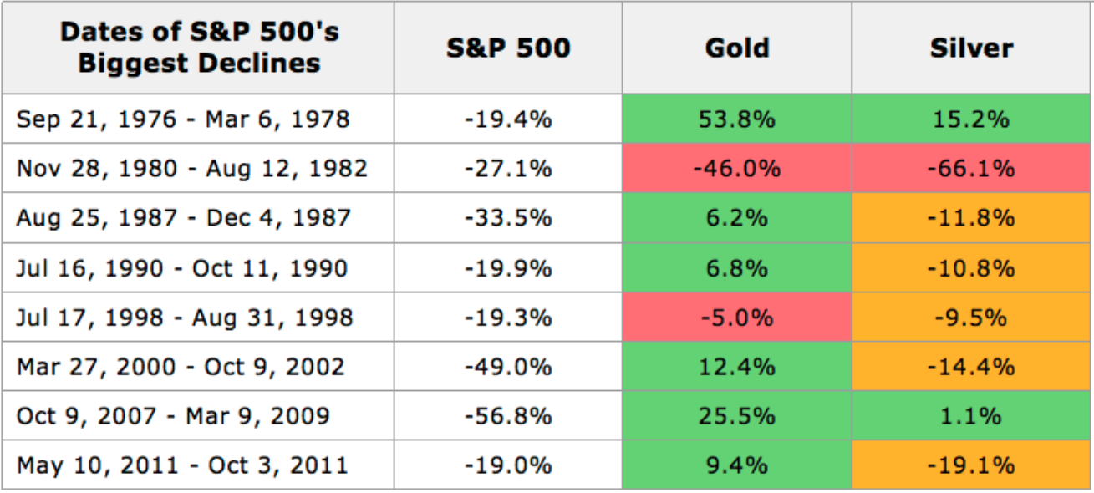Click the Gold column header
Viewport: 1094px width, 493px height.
(736, 48)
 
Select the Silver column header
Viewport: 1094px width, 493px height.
(971, 48)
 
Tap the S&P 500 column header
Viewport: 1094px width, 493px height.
(508, 48)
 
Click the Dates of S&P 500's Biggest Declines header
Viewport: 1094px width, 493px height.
(199, 48)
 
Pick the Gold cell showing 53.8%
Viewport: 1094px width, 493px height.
(736, 119)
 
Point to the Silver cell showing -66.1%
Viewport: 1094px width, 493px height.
(971, 169)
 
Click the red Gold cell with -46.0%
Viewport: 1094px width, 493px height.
(736, 169)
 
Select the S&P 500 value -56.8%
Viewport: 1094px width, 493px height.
(508, 416)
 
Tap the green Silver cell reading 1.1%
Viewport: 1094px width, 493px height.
(971, 416)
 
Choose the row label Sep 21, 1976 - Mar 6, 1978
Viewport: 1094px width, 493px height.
(183, 119)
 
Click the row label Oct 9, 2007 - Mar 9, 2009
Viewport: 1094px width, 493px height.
(173, 416)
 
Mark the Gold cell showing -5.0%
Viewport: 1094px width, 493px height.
(736, 318)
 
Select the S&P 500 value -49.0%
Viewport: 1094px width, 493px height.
(508, 367)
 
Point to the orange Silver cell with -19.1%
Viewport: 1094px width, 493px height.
(971, 465)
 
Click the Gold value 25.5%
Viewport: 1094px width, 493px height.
(736, 416)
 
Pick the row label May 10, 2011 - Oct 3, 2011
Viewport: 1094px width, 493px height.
(182, 465)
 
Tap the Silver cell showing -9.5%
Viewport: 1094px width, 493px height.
(971, 318)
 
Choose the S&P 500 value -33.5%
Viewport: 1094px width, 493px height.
(508, 218)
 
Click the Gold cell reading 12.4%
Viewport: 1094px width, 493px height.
(736, 367)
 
